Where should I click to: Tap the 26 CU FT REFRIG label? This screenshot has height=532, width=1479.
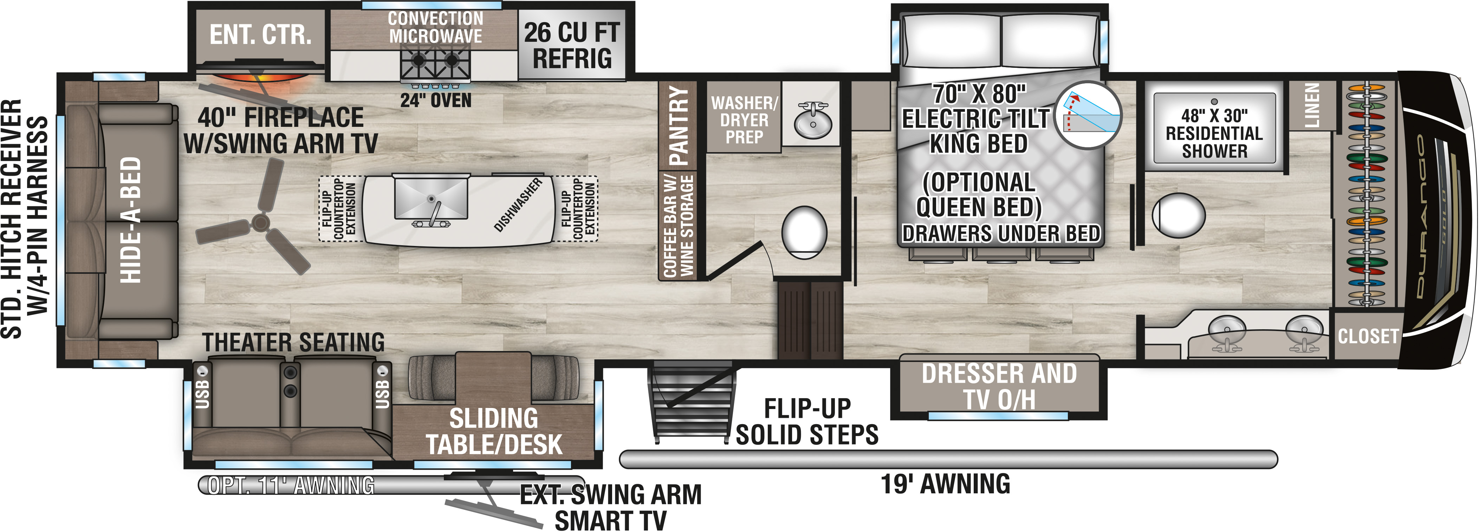[x=572, y=45]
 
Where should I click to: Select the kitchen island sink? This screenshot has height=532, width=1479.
[x=430, y=198]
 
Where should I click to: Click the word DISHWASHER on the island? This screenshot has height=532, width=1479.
[x=518, y=205]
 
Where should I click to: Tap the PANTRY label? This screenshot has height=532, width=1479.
[x=679, y=125]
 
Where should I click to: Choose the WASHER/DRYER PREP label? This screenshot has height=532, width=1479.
[x=744, y=120]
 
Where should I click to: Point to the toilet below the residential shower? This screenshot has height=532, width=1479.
[x=1178, y=215]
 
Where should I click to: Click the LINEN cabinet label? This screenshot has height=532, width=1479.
[x=1312, y=105]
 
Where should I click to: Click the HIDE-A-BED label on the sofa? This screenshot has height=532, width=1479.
[x=131, y=220]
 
